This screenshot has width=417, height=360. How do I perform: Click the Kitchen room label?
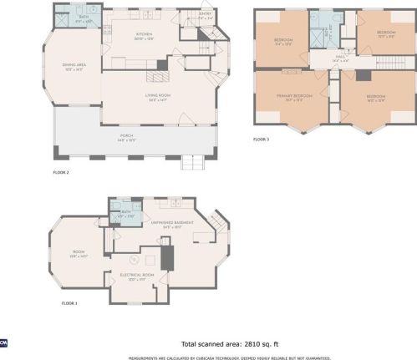click(x=145, y=36)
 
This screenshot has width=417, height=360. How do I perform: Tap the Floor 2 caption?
click(x=61, y=171)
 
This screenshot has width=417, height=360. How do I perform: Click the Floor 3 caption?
click(x=262, y=139)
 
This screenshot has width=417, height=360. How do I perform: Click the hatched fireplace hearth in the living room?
click(x=156, y=76)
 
